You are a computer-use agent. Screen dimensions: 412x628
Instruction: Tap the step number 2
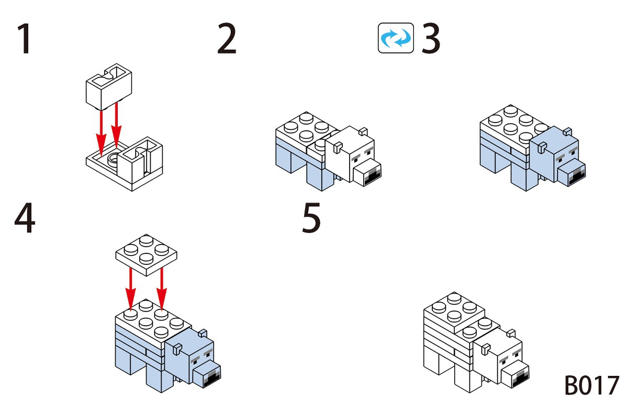(227, 40)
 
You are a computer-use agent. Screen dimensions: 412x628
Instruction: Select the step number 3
(431, 40)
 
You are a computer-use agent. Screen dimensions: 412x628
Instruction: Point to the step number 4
(25, 219)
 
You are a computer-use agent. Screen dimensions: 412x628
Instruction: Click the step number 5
(311, 219)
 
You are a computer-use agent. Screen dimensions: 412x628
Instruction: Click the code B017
(591, 386)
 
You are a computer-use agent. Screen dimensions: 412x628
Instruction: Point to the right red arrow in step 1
(116, 126)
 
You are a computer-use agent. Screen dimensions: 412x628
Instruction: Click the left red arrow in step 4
(131, 288)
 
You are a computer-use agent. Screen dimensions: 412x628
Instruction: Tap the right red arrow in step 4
(162, 288)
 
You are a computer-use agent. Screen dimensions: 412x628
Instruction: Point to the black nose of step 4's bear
(212, 377)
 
